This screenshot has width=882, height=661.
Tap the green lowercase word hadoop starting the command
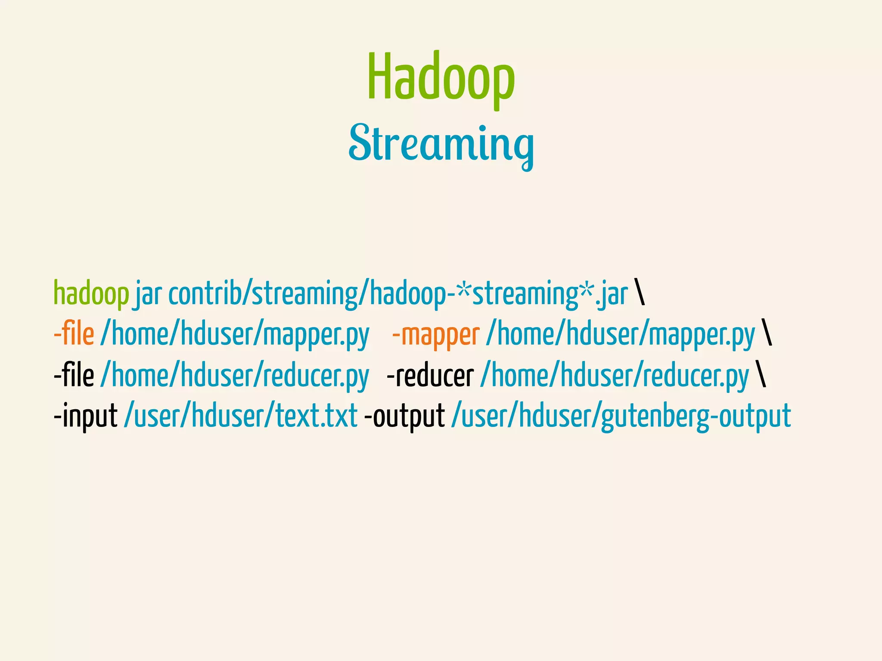(91, 294)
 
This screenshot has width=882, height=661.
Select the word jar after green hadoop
(149, 294)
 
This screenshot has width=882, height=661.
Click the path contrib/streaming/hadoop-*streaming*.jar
(398, 294)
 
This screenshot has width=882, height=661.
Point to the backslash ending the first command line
(640, 293)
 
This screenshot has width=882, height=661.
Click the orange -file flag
(74, 334)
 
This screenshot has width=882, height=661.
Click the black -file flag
(74, 375)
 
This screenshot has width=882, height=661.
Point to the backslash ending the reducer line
(761, 374)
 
